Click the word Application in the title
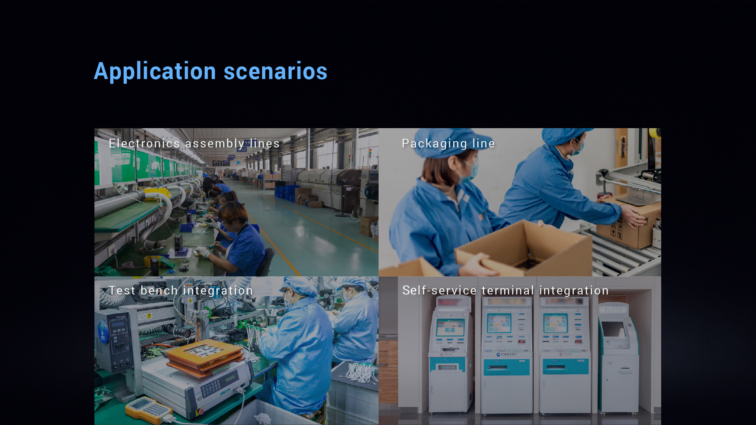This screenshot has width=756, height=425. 155,72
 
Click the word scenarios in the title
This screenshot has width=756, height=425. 276,71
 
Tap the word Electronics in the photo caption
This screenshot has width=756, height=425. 145,143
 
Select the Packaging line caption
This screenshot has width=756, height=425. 448,144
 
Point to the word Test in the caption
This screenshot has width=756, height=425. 122,290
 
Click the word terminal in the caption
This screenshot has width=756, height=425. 508,290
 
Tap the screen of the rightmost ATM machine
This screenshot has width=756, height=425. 613,329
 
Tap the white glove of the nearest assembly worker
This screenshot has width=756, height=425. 203,252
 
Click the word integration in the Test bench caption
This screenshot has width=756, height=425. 218,291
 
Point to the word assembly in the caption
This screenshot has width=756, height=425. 215,144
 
